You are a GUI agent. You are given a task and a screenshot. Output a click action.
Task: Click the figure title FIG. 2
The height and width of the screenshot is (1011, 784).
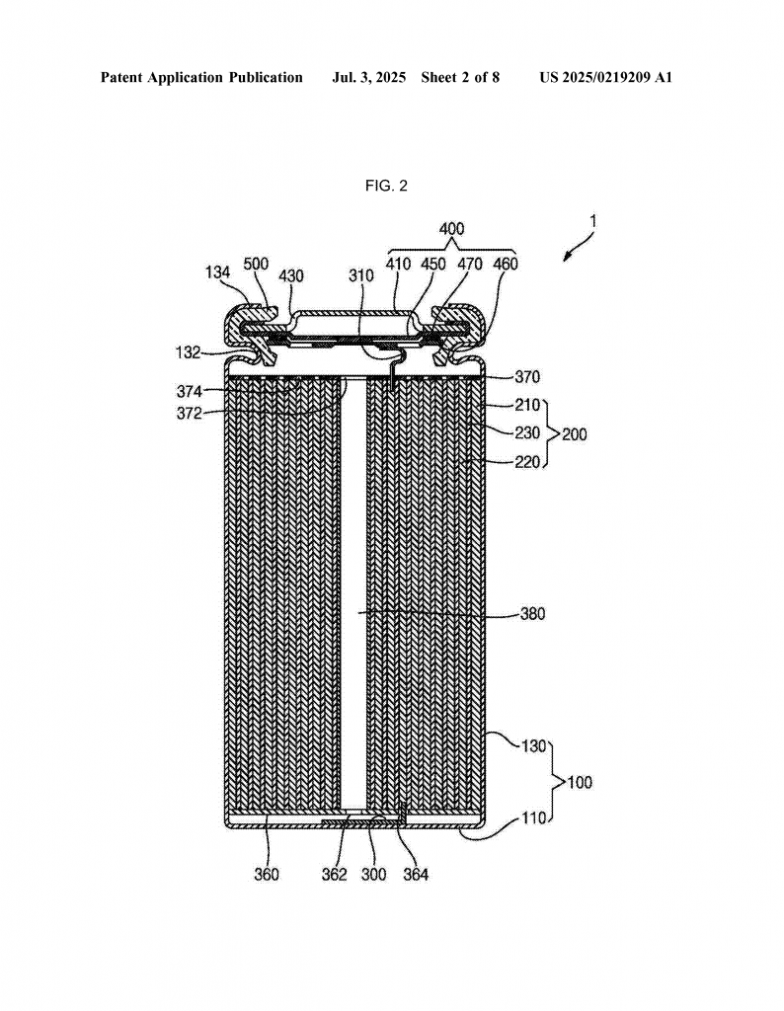pyautogui.click(x=386, y=186)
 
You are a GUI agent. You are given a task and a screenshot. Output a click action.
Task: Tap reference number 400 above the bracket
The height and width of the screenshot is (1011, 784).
pyautogui.click(x=451, y=229)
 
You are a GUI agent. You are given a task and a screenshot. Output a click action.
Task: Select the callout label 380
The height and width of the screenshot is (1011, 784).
pyautogui.click(x=532, y=614)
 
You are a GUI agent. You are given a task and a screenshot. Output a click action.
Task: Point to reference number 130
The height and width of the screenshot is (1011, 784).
pyautogui.click(x=534, y=746)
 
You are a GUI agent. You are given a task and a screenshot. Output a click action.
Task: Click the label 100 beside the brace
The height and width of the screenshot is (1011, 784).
pyautogui.click(x=580, y=783)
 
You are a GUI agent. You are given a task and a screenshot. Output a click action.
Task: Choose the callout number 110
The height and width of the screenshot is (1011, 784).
pyautogui.click(x=534, y=818)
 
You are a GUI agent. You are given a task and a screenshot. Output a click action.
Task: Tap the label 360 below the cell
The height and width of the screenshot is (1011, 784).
pyautogui.click(x=267, y=875)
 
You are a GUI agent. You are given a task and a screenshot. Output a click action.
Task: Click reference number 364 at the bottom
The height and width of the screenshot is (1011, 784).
pyautogui.click(x=416, y=875)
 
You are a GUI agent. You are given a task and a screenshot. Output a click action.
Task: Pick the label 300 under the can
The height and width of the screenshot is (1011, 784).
pyautogui.click(x=374, y=875)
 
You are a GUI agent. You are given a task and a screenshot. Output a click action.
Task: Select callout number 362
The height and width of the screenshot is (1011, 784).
pyautogui.click(x=335, y=875)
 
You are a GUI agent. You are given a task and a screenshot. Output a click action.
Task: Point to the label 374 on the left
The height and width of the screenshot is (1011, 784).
pyautogui.click(x=190, y=391)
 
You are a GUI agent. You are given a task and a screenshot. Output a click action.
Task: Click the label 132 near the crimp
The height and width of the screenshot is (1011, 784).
pyautogui.click(x=189, y=352)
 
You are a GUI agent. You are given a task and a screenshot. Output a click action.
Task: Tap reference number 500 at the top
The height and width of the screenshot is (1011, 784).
pyautogui.click(x=256, y=264)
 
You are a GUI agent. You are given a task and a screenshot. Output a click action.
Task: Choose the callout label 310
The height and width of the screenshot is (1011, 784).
pyautogui.click(x=361, y=276)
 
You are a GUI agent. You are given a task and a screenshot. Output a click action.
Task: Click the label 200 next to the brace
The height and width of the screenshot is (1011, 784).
pyautogui.click(x=575, y=434)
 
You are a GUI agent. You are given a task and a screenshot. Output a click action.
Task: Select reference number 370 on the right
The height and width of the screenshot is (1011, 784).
pyautogui.click(x=527, y=376)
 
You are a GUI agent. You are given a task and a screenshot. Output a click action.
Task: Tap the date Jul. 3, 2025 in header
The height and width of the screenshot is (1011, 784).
pyautogui.click(x=369, y=78)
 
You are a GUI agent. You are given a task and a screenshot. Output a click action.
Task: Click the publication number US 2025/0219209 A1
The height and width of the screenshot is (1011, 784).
pyautogui.click(x=606, y=78)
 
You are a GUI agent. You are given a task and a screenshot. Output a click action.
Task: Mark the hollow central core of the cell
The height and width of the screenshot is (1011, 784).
pyautogui.click(x=353, y=593)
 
